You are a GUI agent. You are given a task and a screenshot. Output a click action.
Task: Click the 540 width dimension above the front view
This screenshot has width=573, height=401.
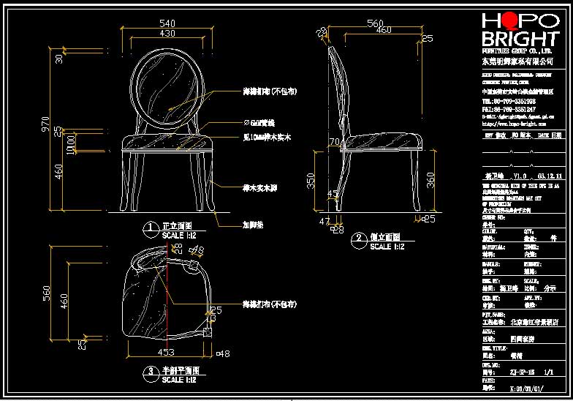167,23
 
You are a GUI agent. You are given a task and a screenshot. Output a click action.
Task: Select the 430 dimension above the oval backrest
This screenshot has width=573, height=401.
167,34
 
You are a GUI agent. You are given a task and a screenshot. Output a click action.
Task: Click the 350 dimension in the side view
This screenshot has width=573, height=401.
311,180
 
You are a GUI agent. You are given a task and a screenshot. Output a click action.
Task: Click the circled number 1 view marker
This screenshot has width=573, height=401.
150,229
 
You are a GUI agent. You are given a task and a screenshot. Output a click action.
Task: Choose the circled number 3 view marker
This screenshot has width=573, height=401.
150,372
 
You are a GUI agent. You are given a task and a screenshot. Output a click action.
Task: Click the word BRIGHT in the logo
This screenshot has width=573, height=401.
520,39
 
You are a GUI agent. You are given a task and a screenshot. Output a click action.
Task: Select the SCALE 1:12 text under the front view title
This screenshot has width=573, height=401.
183,236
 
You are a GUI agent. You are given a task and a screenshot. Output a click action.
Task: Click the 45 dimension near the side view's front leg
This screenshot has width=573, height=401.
333,195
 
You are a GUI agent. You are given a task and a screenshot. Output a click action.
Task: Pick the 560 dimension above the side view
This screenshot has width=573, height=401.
375,23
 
